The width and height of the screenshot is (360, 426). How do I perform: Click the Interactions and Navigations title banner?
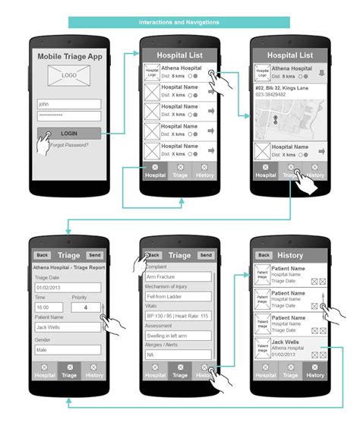179,22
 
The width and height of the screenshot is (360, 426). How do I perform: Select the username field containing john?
69,104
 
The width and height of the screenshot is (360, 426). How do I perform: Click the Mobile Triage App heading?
69,56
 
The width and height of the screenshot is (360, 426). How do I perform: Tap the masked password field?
69,115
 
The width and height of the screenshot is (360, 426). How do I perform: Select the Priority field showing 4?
87,308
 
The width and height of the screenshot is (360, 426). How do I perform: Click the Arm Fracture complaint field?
178,277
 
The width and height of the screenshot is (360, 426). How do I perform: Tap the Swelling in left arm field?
178,335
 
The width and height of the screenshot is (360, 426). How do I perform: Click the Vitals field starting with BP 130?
178,315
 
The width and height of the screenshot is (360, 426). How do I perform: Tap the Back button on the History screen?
264,255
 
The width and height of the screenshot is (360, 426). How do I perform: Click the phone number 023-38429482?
271,95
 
